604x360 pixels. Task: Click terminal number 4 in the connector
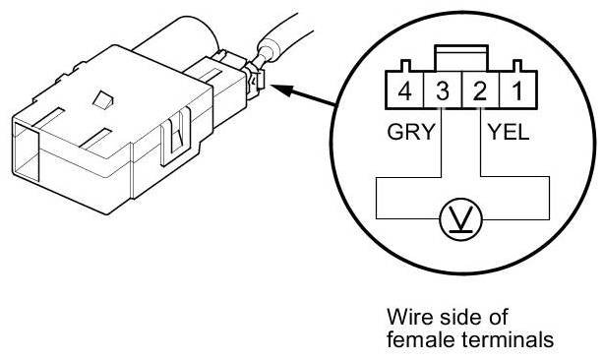click(x=404, y=90)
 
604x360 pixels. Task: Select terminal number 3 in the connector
click(x=443, y=90)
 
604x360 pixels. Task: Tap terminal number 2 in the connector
click(x=480, y=90)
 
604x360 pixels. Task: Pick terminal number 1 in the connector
click(x=517, y=90)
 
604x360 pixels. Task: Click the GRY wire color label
click(x=411, y=132)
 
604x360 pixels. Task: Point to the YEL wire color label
click(x=509, y=132)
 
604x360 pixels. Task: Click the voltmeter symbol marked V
click(x=461, y=219)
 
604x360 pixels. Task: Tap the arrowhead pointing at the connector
click(x=281, y=90)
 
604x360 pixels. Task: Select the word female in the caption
click(x=421, y=339)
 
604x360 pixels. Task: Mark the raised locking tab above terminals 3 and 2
click(x=461, y=58)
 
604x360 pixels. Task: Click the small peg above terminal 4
click(x=405, y=66)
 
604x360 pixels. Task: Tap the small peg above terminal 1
click(x=517, y=66)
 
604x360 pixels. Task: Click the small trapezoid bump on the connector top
click(x=103, y=99)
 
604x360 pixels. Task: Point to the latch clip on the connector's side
click(x=176, y=136)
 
